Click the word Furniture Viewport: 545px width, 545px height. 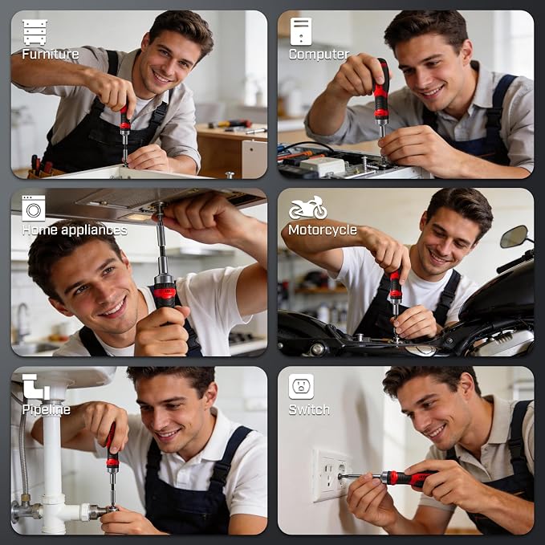(51, 55)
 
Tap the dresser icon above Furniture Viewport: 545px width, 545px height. (35, 32)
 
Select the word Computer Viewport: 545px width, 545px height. (319, 55)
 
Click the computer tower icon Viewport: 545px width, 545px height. (301, 31)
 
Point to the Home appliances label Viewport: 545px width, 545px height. (75, 230)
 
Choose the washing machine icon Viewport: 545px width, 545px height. (34, 208)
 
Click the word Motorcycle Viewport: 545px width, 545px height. (323, 230)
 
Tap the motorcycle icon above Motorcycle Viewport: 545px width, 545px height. (308, 208)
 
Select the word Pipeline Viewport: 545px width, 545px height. (47, 410)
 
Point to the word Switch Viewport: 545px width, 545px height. (309, 410)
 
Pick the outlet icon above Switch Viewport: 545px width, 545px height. (301, 387)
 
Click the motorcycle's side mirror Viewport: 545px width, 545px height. (514, 237)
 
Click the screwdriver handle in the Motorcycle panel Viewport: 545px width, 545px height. (396, 285)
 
